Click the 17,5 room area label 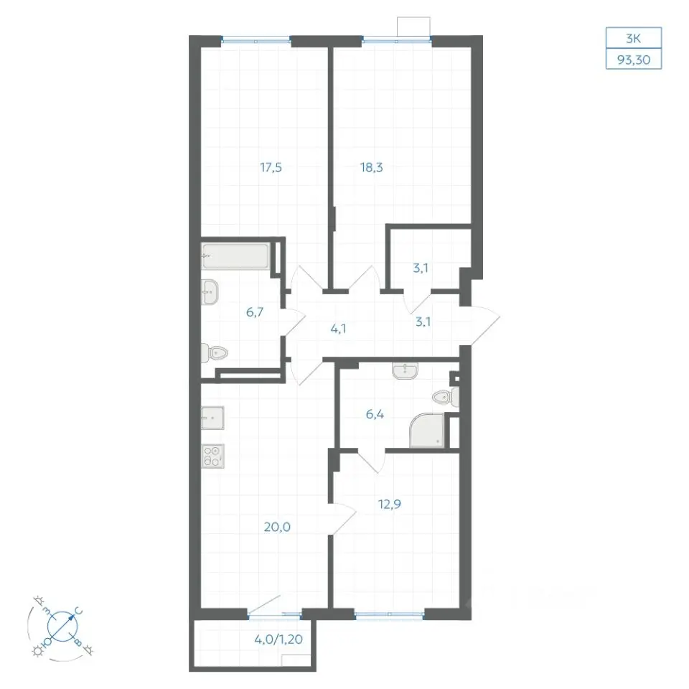(271, 167)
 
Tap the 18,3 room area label (371, 167)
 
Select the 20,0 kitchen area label (277, 526)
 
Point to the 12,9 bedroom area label (389, 504)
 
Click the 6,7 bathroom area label (254, 312)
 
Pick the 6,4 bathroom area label (375, 414)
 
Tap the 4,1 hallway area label (338, 328)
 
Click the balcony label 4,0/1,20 (278, 639)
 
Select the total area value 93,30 (634, 60)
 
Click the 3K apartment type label (633, 39)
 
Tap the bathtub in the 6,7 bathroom (235, 256)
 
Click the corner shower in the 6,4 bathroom (426, 430)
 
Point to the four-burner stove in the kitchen (212, 456)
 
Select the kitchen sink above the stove (212, 418)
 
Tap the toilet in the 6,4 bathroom (446, 397)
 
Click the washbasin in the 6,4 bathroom (405, 370)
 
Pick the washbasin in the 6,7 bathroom (210, 292)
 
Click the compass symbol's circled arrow (62, 626)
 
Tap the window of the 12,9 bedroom (389, 615)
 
